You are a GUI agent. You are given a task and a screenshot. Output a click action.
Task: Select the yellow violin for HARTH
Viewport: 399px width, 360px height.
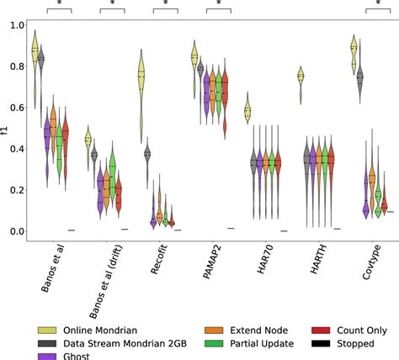click(x=300, y=77)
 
